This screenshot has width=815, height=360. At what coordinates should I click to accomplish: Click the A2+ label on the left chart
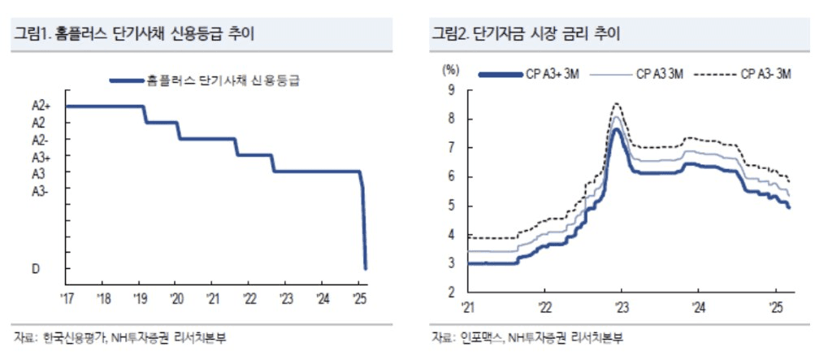tap(41, 106)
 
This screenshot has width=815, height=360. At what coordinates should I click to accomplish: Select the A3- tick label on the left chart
tap(41, 191)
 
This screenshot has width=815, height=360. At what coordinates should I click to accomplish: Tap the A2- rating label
tap(41, 140)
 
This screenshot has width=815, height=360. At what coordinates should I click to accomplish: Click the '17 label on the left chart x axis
tap(67, 297)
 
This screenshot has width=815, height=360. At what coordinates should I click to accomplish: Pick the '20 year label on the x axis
tap(176, 297)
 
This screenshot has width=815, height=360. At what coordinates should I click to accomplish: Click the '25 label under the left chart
tap(358, 297)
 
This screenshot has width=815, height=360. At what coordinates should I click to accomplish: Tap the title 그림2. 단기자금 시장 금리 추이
tap(525, 34)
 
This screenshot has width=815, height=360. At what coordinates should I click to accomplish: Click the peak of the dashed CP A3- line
tap(617, 103)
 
